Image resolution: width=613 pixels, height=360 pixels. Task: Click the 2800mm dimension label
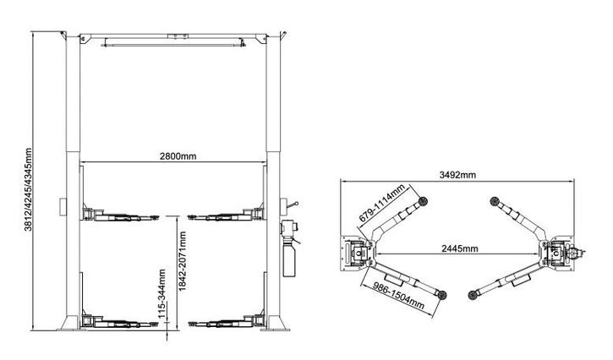(178, 156)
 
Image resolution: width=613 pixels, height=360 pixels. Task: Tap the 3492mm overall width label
(457, 175)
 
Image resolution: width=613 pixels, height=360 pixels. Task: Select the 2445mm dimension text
(460, 248)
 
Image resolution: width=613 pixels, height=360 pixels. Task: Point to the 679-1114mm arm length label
(381, 204)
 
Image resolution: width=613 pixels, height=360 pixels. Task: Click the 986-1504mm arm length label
(398, 295)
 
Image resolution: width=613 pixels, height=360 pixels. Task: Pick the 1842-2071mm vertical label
(182, 261)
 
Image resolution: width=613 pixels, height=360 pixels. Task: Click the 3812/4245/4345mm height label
(28, 189)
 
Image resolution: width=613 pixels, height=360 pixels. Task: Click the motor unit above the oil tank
(288, 228)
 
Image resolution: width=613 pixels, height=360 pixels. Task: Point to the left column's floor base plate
(70, 323)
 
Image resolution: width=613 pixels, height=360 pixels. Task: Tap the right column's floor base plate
(276, 323)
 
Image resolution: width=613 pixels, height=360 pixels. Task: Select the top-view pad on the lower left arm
(442, 295)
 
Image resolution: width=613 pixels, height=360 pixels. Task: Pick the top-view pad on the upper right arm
(495, 201)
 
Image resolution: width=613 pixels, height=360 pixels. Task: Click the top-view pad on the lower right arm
(473, 295)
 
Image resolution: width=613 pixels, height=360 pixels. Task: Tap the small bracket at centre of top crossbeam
(178, 36)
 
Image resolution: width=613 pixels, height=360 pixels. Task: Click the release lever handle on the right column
(292, 205)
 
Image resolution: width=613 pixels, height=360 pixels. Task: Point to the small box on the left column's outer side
(63, 206)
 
